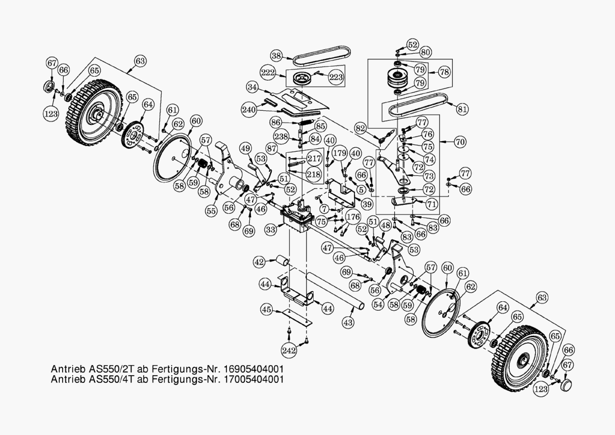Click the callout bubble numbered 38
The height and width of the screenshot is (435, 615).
[x=276, y=55]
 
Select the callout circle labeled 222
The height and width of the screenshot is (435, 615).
[x=268, y=73]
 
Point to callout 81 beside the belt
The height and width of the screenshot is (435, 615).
[x=462, y=109]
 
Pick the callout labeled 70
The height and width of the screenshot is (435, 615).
[x=460, y=143]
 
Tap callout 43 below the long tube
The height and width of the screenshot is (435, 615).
[x=348, y=323]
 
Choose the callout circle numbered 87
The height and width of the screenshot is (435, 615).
[x=273, y=149]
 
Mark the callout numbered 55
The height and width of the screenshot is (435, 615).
[x=211, y=212]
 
